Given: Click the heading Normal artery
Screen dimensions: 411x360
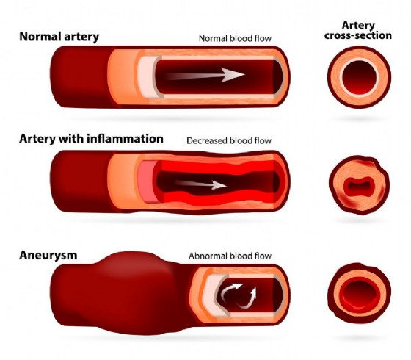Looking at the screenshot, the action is [x=59, y=37].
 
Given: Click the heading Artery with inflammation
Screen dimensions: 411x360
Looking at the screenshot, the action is [x=91, y=139].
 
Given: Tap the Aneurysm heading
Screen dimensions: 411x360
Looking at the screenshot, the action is [x=48, y=255].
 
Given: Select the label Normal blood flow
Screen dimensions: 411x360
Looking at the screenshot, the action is [x=235, y=38].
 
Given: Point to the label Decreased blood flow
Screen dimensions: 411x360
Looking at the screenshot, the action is [x=229, y=140].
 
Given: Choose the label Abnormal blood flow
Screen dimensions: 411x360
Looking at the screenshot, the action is [x=230, y=256].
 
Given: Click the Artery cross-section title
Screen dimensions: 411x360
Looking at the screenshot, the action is [x=358, y=30].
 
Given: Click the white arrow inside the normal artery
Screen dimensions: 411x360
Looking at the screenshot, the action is [x=205, y=75].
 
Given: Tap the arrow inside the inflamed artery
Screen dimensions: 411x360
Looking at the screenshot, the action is [x=200, y=184].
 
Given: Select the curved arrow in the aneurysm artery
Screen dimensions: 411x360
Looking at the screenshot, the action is [x=228, y=290].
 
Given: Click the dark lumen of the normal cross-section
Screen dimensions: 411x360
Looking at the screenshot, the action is [x=360, y=78].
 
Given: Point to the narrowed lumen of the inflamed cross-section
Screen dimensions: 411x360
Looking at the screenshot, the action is [x=358, y=186].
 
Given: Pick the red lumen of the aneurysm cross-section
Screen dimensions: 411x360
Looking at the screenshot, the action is [x=360, y=293].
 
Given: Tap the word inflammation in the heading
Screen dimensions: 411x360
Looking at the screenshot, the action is [x=125, y=139].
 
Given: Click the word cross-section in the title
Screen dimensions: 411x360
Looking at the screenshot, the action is [x=358, y=35].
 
